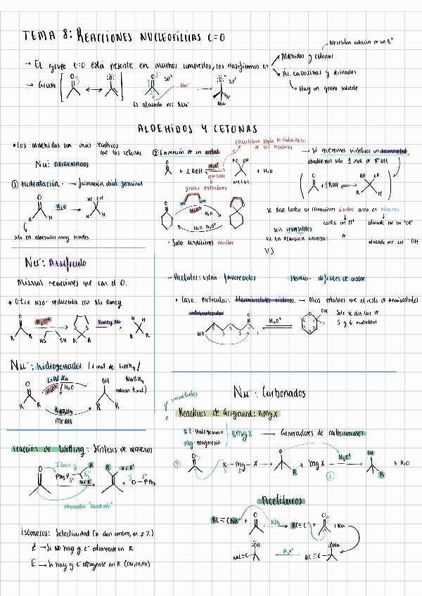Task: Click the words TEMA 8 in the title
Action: pos(44,34)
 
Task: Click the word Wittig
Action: pos(75,448)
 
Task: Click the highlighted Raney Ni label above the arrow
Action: pos(105,321)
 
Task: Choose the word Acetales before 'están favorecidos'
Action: pos(186,277)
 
